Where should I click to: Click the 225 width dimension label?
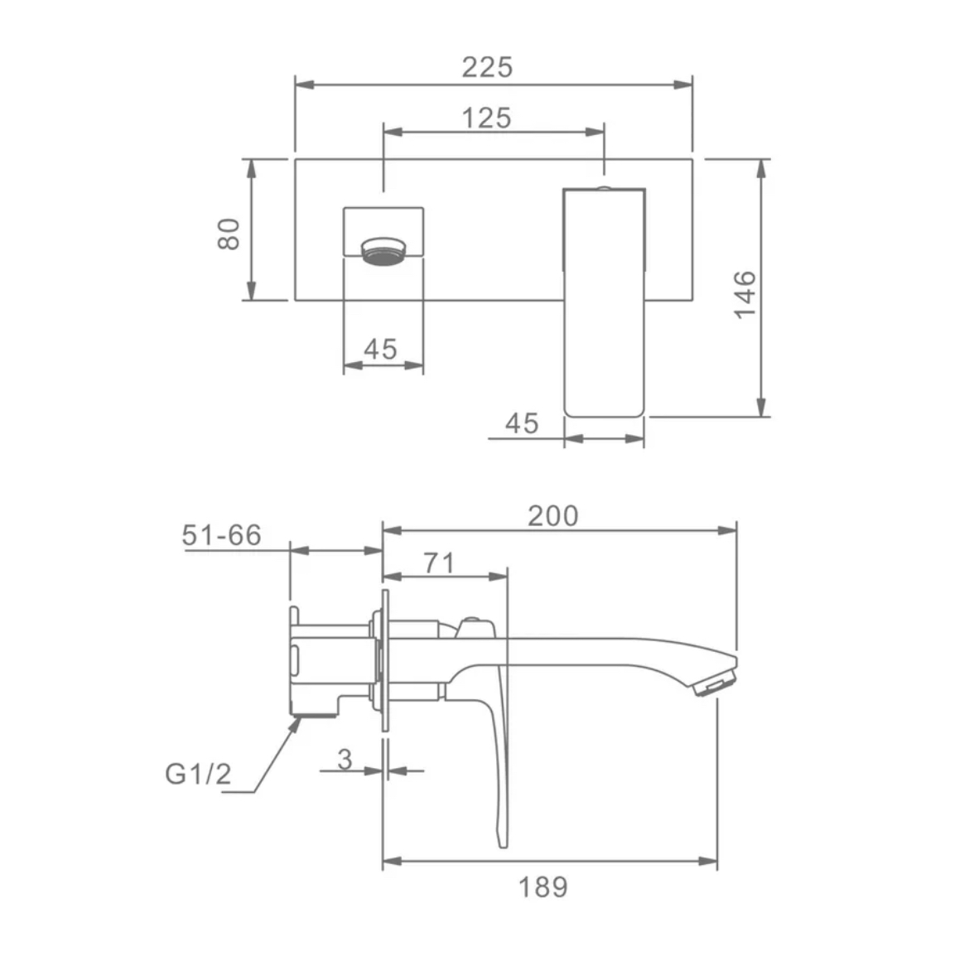(x=487, y=67)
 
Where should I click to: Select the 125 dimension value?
(x=487, y=118)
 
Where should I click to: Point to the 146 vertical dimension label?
(x=745, y=294)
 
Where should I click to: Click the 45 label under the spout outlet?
(x=380, y=349)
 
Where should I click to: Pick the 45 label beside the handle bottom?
(x=522, y=423)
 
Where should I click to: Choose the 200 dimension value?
(x=553, y=515)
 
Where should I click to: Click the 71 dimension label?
(x=439, y=563)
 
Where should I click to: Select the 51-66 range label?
(x=221, y=534)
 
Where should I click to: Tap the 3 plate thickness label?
(x=345, y=759)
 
